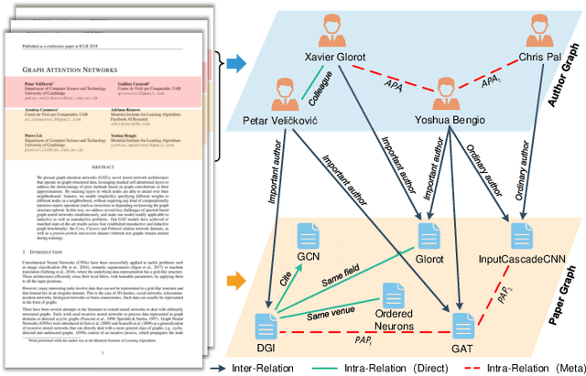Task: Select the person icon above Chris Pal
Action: pyautogui.click(x=539, y=35)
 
